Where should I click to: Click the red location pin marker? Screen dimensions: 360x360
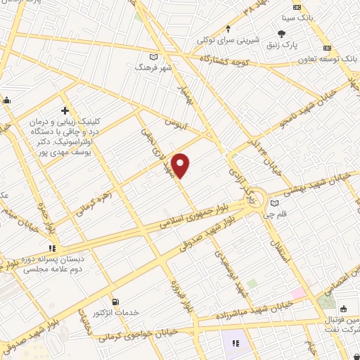tap(181, 165)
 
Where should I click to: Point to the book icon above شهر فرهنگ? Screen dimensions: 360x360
tap(153, 58)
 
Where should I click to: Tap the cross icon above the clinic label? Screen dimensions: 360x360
tap(65, 110)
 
